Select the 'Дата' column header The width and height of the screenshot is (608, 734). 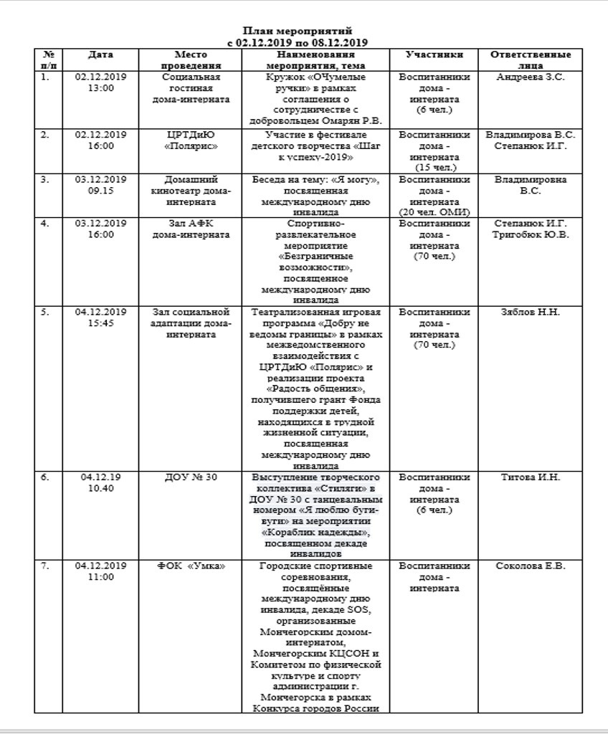tap(100, 55)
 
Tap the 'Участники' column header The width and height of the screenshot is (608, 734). tap(434, 55)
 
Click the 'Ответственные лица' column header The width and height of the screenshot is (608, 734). tap(530, 60)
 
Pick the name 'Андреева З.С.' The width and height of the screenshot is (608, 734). tap(531, 77)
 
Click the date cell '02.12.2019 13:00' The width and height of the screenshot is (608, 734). tap(100, 82)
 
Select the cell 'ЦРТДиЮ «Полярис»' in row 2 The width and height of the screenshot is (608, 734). tap(191, 140)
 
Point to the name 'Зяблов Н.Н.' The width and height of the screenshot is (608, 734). tap(531, 313)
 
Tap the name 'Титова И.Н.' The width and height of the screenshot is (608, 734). tap(531, 478)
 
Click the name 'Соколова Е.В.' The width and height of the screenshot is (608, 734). tap(531, 566)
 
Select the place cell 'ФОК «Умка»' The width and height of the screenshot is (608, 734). tap(191, 566)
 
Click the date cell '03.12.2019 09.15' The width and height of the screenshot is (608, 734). tap(100, 185)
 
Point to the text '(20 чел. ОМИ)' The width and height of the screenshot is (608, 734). tap(434, 212)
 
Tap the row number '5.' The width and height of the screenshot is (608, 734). tap(46, 313)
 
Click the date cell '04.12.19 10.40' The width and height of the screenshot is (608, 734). tap(100, 483)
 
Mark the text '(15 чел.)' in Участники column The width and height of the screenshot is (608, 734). tap(434, 167)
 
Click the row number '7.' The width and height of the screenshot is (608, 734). tap(46, 566)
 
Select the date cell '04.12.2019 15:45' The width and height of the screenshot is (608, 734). tap(100, 318)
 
